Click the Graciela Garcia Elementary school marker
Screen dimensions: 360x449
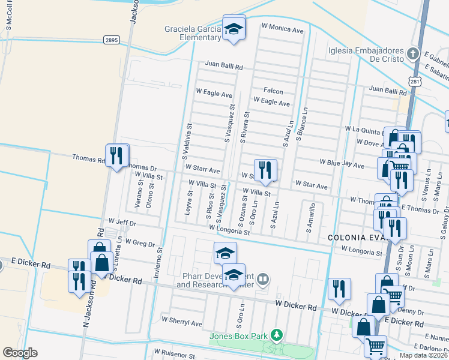[x=234, y=28]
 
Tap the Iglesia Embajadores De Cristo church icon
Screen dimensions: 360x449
[x=412, y=54]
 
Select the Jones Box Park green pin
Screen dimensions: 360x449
[x=276, y=335]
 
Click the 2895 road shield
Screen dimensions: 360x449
[x=112, y=40]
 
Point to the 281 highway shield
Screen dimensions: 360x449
[x=415, y=80]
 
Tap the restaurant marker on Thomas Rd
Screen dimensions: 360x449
[x=116, y=157]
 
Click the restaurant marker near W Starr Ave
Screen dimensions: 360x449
[x=264, y=170]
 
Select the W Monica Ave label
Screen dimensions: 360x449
[x=283, y=27]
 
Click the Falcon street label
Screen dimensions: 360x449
[x=273, y=91]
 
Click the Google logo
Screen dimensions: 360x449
[x=20, y=353]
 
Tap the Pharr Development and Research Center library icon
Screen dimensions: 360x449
[x=263, y=278]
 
